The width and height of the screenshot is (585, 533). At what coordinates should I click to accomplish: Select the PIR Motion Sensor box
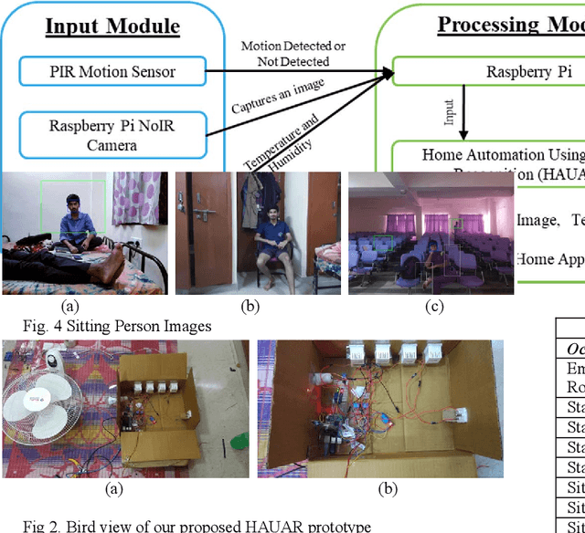[112, 70]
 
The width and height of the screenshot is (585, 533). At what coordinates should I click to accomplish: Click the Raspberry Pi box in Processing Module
[508, 71]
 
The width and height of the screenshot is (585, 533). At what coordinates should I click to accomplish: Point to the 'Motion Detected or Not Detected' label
[293, 53]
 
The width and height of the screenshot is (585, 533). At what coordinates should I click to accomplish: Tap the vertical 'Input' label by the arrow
[450, 111]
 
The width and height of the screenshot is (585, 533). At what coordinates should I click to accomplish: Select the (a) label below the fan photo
[114, 489]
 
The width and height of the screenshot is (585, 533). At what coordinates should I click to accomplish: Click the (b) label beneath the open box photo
[388, 489]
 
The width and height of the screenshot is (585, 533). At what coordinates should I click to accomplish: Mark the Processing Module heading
[510, 24]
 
